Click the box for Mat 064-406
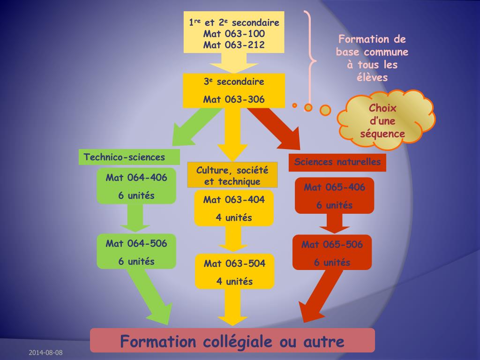[136, 186]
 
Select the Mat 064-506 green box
[136, 252]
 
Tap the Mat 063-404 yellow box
[234, 208]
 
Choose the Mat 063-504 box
[234, 272]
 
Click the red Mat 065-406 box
[334, 195]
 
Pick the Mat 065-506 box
[332, 253]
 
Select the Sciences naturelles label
[337, 162]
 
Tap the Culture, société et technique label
[232, 175]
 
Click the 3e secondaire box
[234, 90]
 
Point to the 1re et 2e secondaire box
[234, 32]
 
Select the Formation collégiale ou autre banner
[232, 341]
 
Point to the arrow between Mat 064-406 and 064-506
[135, 218]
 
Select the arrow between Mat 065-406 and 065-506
[334, 223]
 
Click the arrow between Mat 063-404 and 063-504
[233, 239]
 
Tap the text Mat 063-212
[234, 45]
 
